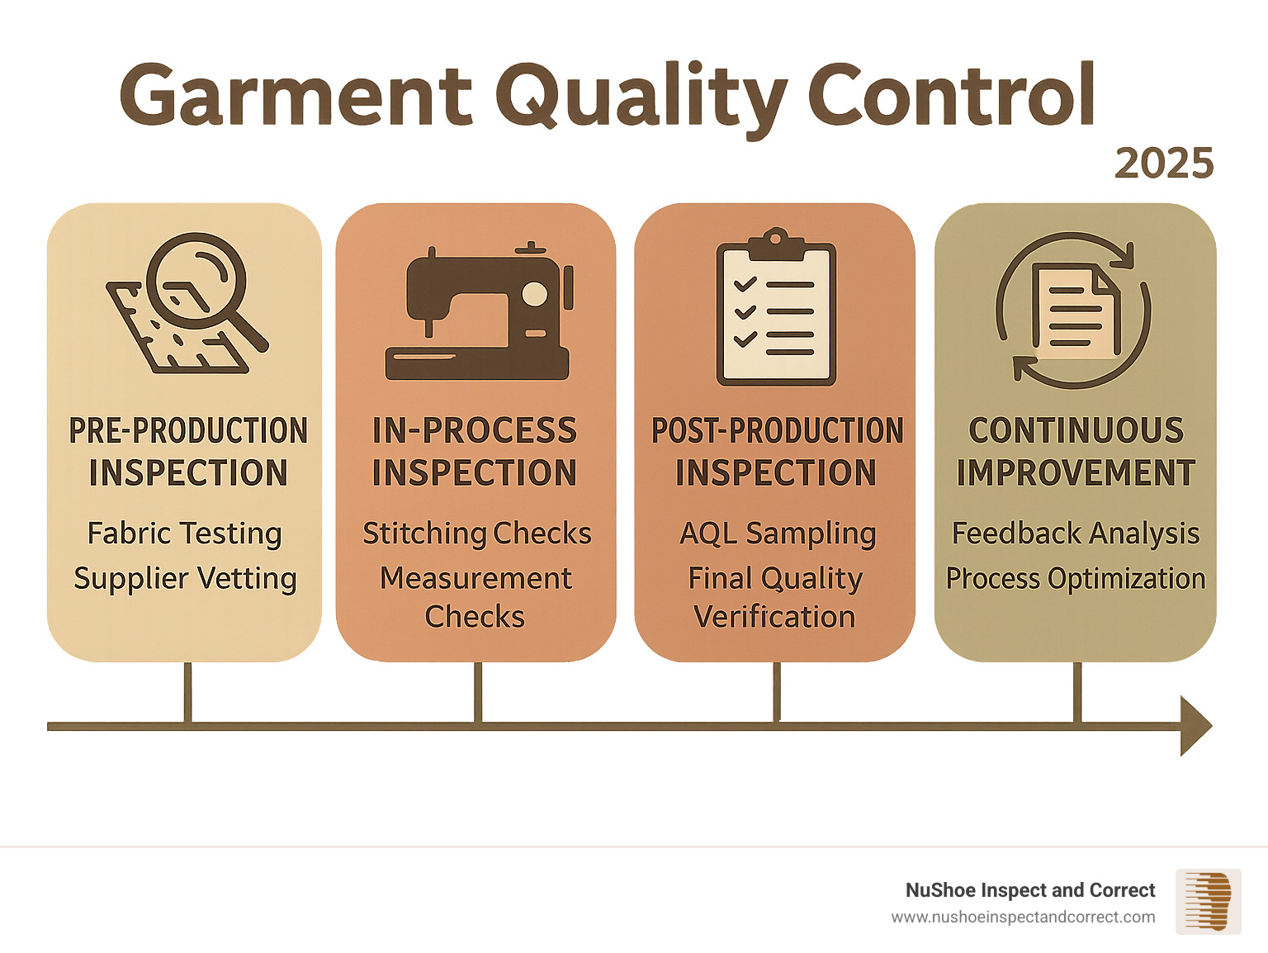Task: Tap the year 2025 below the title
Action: click(x=1164, y=164)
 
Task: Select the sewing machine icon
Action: click(x=478, y=314)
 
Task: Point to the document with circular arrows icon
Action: click(x=1074, y=311)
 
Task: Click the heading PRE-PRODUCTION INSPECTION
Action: click(x=188, y=452)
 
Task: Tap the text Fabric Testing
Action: click(x=185, y=533)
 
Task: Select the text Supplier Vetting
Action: click(x=185, y=578)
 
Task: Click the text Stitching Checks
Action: click(x=477, y=533)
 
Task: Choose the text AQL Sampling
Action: click(x=777, y=533)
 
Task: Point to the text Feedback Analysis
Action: click(x=1075, y=533)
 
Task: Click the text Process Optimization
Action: click(x=1075, y=578)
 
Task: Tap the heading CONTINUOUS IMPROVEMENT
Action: click(x=1075, y=452)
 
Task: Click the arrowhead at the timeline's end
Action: click(x=1195, y=726)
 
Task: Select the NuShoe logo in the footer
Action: click(x=1208, y=902)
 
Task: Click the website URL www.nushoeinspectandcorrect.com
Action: click(x=1023, y=917)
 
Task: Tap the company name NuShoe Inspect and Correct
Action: click(x=1029, y=890)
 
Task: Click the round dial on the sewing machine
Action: click(x=535, y=295)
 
